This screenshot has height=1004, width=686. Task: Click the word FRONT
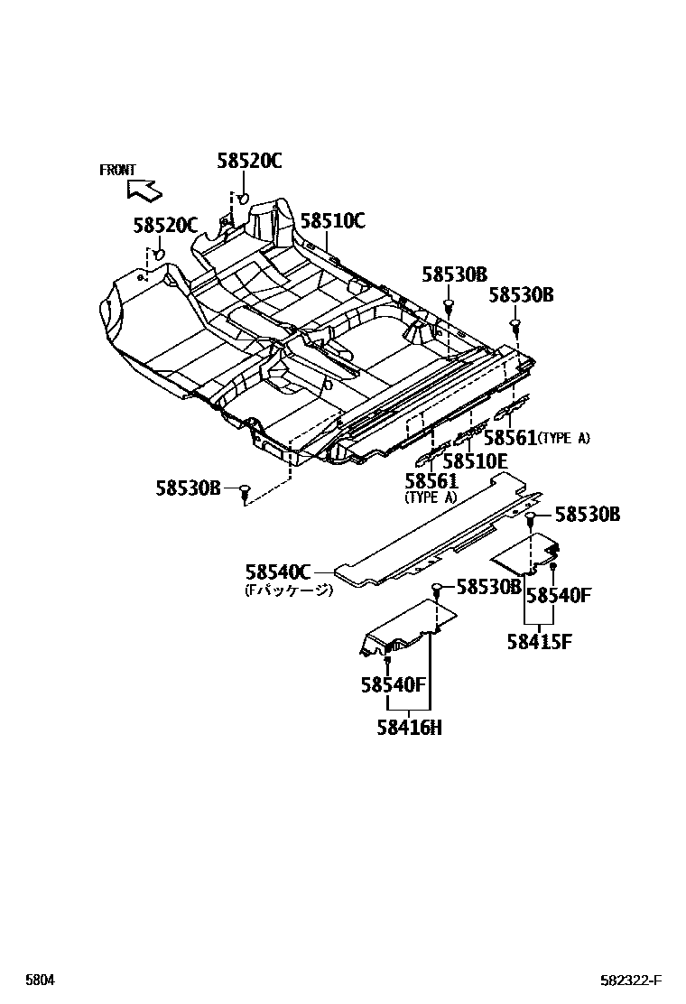pyautogui.click(x=117, y=170)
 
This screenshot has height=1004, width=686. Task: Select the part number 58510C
pyautogui.click(x=332, y=220)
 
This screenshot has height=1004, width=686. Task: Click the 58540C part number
pyautogui.click(x=278, y=572)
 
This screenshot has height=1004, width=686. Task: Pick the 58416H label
pyautogui.click(x=409, y=727)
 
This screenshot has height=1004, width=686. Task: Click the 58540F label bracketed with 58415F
pyautogui.click(x=558, y=595)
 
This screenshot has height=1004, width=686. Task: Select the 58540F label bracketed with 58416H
pyautogui.click(x=393, y=684)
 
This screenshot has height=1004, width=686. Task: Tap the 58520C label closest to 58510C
pyautogui.click(x=249, y=161)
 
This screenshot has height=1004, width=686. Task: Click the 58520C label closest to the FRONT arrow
pyautogui.click(x=165, y=226)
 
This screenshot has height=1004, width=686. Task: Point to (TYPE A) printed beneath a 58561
pyautogui.click(x=431, y=497)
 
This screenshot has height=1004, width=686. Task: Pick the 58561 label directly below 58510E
pyautogui.click(x=431, y=481)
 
